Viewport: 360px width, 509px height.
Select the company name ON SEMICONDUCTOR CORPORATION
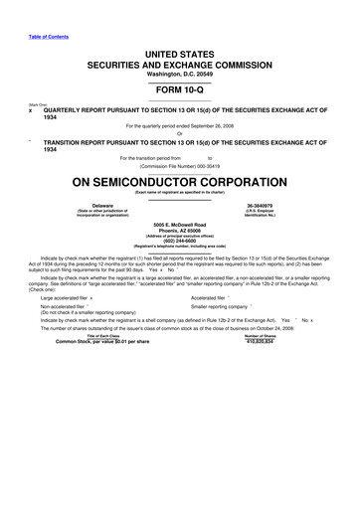click(x=180, y=183)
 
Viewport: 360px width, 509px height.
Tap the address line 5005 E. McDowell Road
click(x=180, y=224)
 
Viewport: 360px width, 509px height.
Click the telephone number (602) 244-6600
click(x=180, y=241)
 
